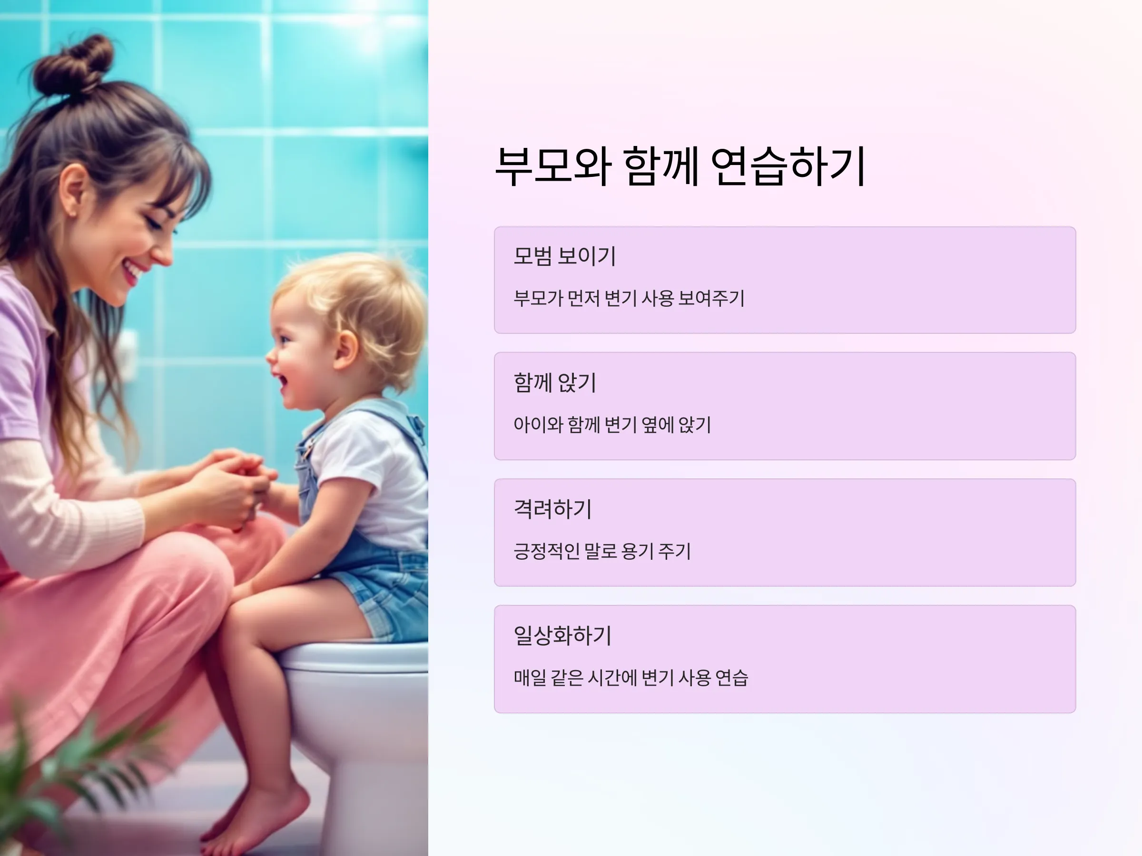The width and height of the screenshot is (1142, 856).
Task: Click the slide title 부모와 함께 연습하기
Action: pyautogui.click(x=680, y=166)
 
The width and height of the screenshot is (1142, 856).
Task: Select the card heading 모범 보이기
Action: pyautogui.click(x=565, y=256)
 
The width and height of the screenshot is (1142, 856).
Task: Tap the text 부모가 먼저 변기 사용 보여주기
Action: pyautogui.click(x=629, y=298)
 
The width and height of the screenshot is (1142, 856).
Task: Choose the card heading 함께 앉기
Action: pyautogui.click(x=555, y=382)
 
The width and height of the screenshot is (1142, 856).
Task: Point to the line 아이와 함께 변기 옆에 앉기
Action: pyautogui.click(x=612, y=425)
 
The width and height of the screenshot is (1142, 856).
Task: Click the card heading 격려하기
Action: pyautogui.click(x=552, y=509)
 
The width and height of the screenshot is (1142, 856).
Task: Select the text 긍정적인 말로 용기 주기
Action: pyautogui.click(x=602, y=551)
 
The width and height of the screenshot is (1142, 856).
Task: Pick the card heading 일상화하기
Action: pyautogui.click(x=562, y=635)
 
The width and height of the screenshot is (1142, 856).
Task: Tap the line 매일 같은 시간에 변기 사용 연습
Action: pyautogui.click(x=630, y=678)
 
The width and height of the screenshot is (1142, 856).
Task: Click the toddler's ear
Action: pyautogui.click(x=346, y=350)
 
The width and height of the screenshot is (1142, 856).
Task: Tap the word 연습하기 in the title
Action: pyautogui.click(x=788, y=166)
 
